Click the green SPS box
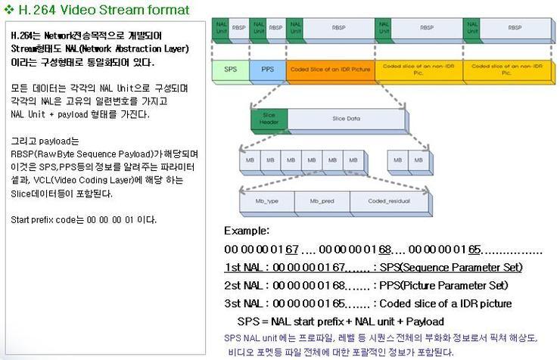pos(230,69)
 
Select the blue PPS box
pos(267,69)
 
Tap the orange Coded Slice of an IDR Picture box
pos(330,69)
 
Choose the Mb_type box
pos(267,200)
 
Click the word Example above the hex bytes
pos(247,231)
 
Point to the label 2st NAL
pos(244,285)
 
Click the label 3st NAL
pos(244,303)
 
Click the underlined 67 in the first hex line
pos(293,249)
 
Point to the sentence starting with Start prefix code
pos(84,219)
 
